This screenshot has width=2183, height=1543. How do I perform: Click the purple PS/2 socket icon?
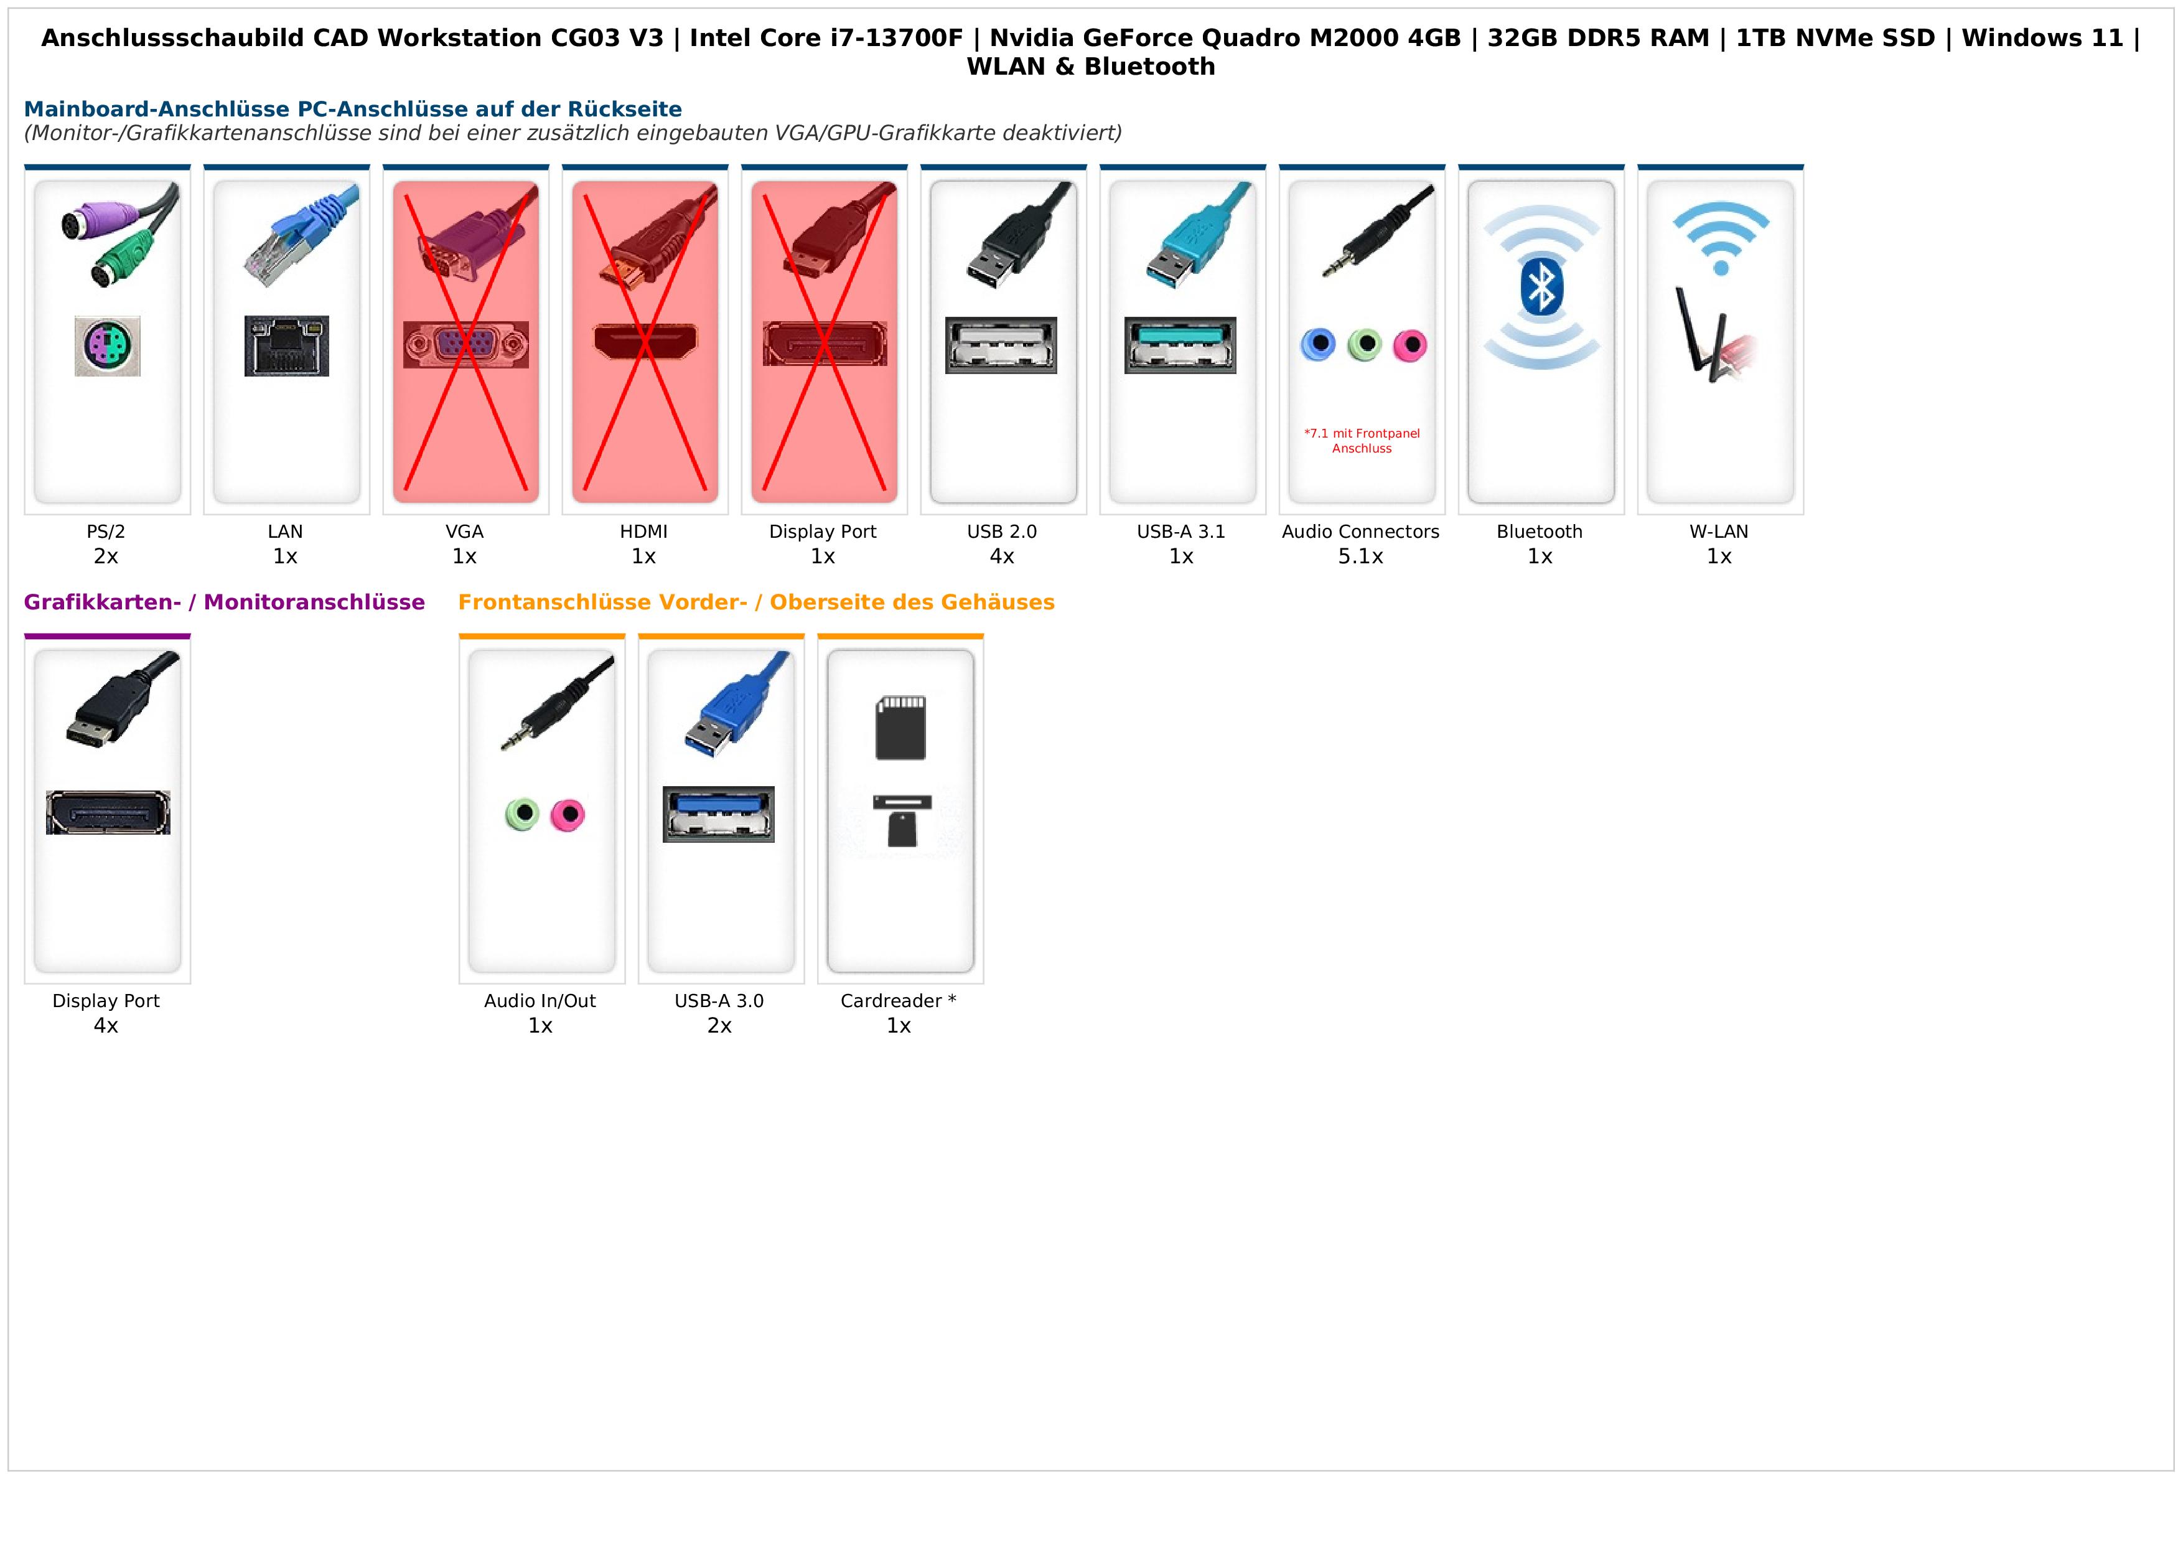coord(108,346)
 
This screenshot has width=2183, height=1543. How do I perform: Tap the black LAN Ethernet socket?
coord(286,346)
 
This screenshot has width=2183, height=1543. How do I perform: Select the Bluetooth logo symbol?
coord(1540,288)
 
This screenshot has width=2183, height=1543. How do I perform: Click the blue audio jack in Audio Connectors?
coord(1318,344)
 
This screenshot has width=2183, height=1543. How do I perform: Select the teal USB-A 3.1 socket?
coord(1180,345)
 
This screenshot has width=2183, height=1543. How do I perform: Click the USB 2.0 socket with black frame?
coord(1001,345)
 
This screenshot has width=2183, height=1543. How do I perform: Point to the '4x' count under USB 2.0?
coord(1002,557)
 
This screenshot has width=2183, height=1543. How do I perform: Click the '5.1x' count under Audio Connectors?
coord(1360,557)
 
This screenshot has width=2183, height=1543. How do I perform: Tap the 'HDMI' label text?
coord(643,532)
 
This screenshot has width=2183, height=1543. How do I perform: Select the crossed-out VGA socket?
coord(466,344)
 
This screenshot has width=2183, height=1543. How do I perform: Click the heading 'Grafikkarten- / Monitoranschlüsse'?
coord(225,603)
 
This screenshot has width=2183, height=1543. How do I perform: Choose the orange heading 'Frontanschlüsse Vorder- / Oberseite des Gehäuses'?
coord(756,603)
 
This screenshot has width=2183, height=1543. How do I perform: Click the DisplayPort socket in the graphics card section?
coord(108,813)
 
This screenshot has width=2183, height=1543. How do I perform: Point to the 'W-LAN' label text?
coord(1719,532)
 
